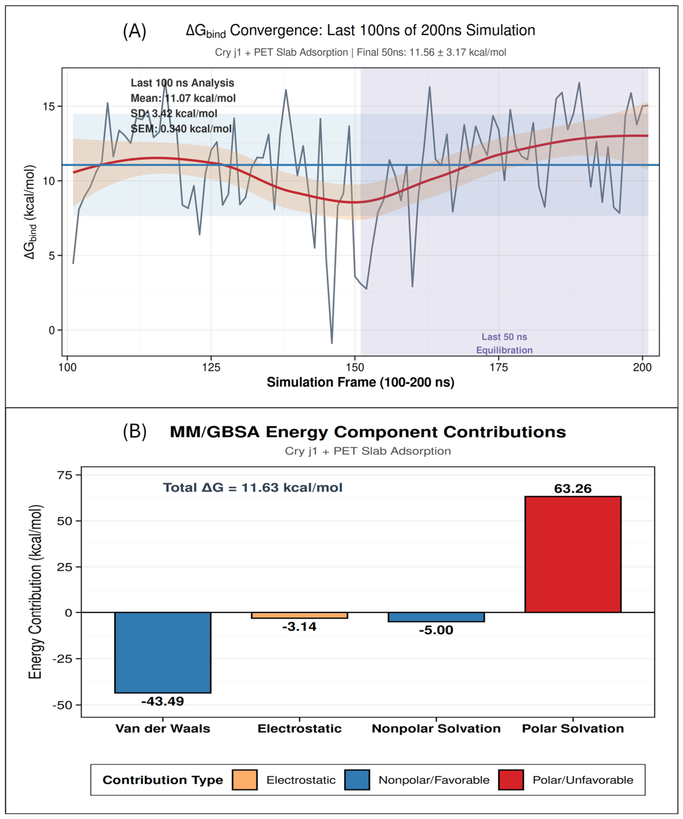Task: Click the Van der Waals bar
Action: (x=163, y=652)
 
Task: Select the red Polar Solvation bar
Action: (x=573, y=554)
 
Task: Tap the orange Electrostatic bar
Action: (x=300, y=615)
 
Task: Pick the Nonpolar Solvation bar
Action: (x=436, y=617)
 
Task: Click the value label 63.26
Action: (x=573, y=488)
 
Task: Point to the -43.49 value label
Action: (x=163, y=701)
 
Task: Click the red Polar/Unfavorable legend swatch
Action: (x=511, y=780)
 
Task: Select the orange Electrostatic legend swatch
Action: (x=245, y=780)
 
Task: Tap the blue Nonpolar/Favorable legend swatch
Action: (x=357, y=780)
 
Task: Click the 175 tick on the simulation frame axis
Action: (x=499, y=368)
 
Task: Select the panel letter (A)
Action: (x=134, y=31)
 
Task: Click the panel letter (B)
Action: (x=135, y=432)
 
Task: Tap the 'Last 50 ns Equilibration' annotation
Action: (x=504, y=343)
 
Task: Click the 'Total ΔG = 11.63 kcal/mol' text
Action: (x=253, y=488)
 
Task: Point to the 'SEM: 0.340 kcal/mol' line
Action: (x=181, y=128)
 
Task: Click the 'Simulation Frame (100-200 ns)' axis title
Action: (x=360, y=382)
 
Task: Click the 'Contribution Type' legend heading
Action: (x=163, y=780)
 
